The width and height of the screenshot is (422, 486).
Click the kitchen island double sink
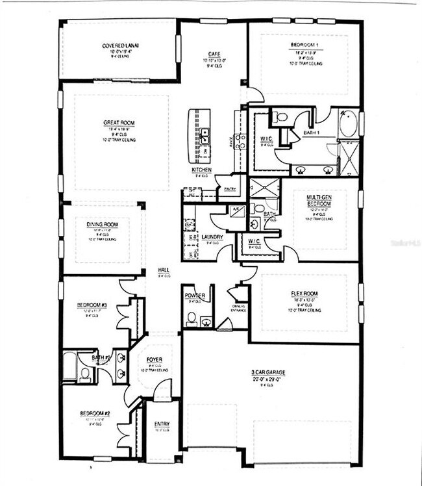click(x=205, y=135)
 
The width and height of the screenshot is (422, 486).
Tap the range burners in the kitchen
click(x=240, y=141)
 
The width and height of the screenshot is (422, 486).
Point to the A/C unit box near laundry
click(x=232, y=210)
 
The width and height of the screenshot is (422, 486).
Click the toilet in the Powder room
click(x=191, y=318)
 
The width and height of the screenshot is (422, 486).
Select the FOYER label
click(x=154, y=359)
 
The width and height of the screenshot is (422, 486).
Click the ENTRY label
click(x=162, y=425)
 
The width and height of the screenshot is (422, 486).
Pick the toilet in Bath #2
click(x=84, y=374)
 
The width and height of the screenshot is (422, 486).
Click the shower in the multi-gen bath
click(x=264, y=188)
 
